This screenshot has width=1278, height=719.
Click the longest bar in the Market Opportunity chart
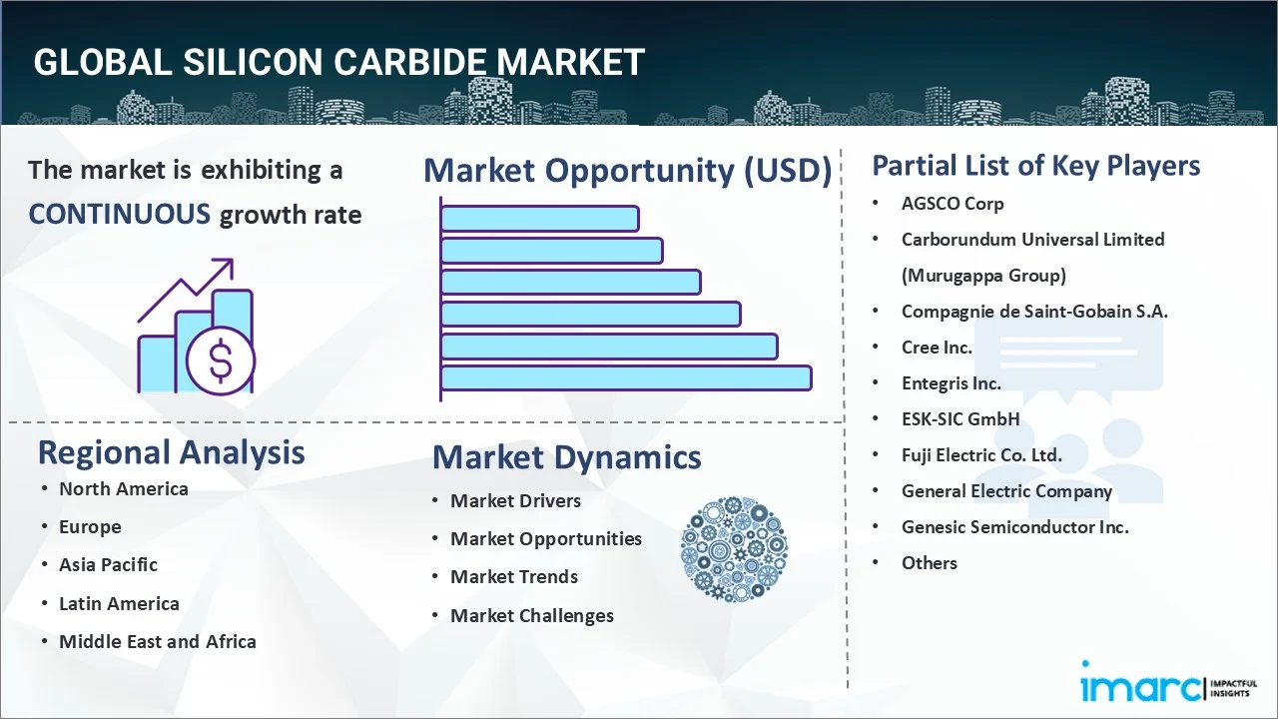pyautogui.click(x=626, y=377)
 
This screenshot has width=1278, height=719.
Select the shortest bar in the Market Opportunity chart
pyautogui.click(x=539, y=218)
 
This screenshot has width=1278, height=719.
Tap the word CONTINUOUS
pyautogui.click(x=119, y=214)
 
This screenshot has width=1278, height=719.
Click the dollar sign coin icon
pyautogui.click(x=221, y=361)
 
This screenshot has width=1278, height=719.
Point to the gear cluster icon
pyautogui.click(x=734, y=549)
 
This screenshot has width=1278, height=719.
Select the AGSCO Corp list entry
pyautogui.click(x=953, y=204)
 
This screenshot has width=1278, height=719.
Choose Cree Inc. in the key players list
pyautogui.click(x=937, y=348)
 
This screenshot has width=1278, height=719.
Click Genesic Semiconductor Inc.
pyautogui.click(x=1014, y=527)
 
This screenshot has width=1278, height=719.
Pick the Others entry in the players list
pyautogui.click(x=929, y=563)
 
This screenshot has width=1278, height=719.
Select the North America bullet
pyautogui.click(x=123, y=489)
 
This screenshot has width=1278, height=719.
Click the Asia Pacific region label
pyautogui.click(x=108, y=565)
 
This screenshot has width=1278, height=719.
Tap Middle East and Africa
pyautogui.click(x=157, y=642)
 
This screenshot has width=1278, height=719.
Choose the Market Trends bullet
pyautogui.click(x=513, y=577)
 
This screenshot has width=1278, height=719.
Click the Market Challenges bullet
pyautogui.click(x=531, y=616)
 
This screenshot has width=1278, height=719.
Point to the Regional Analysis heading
pyautogui.click(x=171, y=452)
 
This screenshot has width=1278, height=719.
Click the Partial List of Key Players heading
pyautogui.click(x=1035, y=166)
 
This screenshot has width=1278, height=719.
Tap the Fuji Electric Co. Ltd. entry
pyautogui.click(x=981, y=455)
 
